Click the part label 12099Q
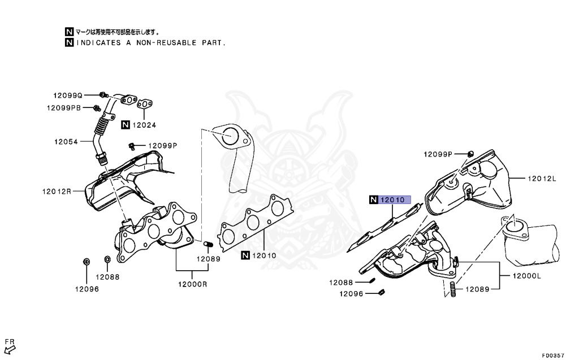[x=68, y=96]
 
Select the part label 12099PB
[x=63, y=107]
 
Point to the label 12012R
[x=57, y=191]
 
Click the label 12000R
[x=193, y=284]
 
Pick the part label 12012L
[x=542, y=179]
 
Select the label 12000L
[x=527, y=276]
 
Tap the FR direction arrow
[x=9, y=346]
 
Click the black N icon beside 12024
[x=125, y=125]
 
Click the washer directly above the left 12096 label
[x=87, y=261]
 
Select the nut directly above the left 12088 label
[x=107, y=259]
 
